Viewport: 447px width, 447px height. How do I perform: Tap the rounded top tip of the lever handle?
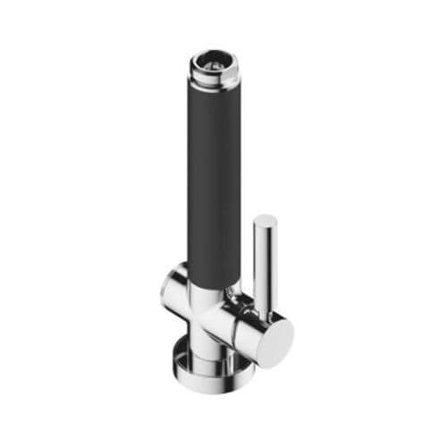265,220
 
